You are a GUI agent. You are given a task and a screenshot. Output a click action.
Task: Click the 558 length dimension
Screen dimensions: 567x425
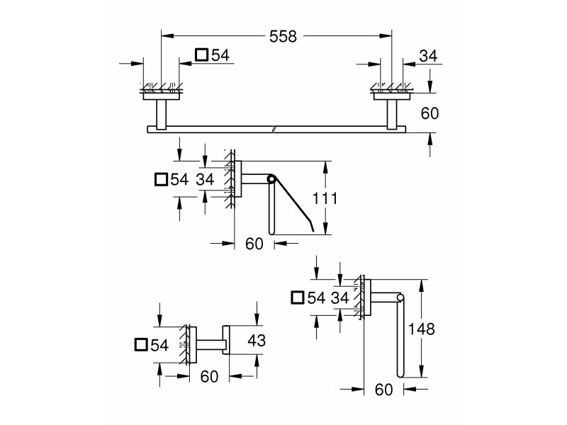point(283,37)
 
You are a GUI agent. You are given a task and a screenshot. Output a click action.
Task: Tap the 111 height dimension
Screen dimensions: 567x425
point(325,198)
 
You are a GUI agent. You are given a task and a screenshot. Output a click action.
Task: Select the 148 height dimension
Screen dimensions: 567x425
point(421,329)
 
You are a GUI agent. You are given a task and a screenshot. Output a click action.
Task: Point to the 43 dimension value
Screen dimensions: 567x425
point(257,340)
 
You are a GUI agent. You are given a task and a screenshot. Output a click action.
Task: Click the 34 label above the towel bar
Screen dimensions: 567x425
point(429,56)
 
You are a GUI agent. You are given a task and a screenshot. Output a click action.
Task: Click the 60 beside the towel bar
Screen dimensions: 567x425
point(430,113)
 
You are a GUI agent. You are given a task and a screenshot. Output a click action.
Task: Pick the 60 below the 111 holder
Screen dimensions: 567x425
point(254,244)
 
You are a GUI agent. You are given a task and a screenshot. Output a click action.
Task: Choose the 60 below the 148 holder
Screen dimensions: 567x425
point(384,390)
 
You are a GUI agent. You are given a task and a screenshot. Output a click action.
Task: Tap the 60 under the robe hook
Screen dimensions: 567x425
point(209,377)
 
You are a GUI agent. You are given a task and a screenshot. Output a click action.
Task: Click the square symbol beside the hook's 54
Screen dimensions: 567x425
point(141,345)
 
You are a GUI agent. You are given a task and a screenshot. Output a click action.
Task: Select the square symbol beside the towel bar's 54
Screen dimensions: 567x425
point(201,55)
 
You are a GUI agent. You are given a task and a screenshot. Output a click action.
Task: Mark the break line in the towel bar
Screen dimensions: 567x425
point(275,129)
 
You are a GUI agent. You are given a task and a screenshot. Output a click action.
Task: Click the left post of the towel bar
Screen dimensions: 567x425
point(162,114)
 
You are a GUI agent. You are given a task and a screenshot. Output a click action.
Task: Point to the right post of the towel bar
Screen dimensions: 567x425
point(392,114)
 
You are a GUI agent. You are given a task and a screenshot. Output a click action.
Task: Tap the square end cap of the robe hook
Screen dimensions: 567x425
point(225,340)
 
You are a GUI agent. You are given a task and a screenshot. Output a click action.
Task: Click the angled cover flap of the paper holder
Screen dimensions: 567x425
point(293,203)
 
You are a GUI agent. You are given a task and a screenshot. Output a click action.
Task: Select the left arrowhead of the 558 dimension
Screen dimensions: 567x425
point(167,36)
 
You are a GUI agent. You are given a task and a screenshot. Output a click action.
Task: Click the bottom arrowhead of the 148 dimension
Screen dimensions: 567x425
point(421,371)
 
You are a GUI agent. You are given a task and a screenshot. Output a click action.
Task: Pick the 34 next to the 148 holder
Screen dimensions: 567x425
point(340,297)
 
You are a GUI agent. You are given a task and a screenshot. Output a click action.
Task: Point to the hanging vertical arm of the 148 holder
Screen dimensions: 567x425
point(400,337)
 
